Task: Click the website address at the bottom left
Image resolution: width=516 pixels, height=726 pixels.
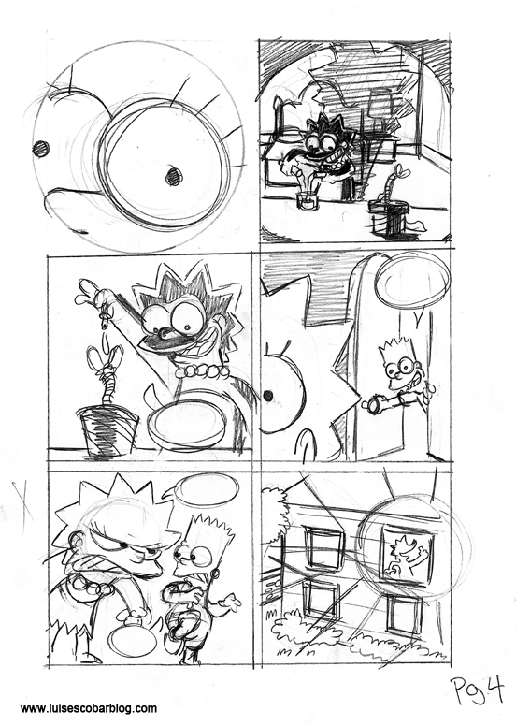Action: pyautogui.click(x=89, y=708)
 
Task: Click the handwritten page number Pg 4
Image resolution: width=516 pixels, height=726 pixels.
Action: pyautogui.click(x=477, y=690)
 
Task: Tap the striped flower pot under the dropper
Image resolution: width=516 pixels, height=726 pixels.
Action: pyautogui.click(x=107, y=429)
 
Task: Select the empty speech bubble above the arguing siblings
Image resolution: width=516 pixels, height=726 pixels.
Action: pyautogui.click(x=207, y=491)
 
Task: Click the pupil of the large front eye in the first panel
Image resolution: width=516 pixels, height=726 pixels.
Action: pyautogui.click(x=174, y=177)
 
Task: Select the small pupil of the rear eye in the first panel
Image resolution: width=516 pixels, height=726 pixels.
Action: pyautogui.click(x=41, y=149)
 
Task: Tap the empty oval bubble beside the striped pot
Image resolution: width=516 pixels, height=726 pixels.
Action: pyautogui.click(x=188, y=425)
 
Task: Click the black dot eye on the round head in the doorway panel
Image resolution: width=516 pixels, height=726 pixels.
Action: pyautogui.click(x=268, y=396)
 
